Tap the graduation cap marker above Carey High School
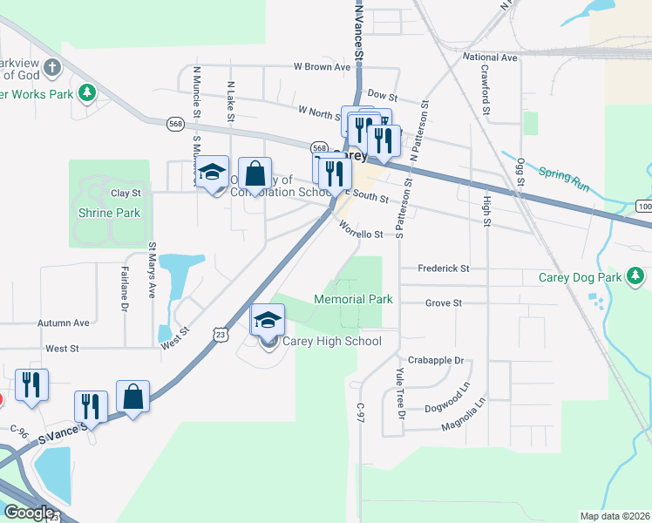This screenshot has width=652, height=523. (x=268, y=321)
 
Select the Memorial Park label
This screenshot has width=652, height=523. (x=353, y=299)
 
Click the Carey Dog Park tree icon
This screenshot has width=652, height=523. (x=636, y=277)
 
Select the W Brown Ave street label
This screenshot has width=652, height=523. (x=322, y=66)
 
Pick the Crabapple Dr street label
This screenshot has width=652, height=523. (x=435, y=360)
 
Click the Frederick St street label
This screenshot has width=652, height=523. (x=444, y=268)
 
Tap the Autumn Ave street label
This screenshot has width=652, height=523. (x=64, y=323)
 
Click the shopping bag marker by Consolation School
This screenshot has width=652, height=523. (x=255, y=173)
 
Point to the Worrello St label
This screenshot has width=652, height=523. (x=360, y=234)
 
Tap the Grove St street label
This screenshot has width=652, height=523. (x=443, y=303)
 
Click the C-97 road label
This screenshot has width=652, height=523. (x=360, y=412)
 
